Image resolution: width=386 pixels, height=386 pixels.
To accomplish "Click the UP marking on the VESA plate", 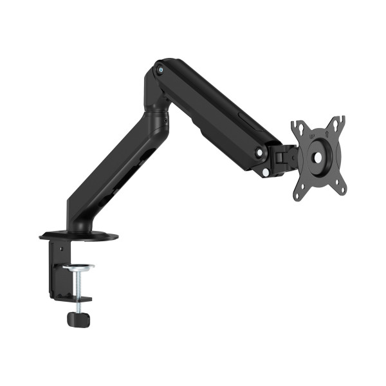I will click(x=312, y=136).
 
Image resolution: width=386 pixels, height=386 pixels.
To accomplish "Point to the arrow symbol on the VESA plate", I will click(x=326, y=134).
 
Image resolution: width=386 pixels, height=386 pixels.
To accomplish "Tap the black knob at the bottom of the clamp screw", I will click(x=78, y=318).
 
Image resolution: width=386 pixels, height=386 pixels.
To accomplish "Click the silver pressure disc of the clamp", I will click(x=78, y=267).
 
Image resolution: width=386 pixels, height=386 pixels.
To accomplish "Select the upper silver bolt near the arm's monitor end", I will click(x=259, y=152).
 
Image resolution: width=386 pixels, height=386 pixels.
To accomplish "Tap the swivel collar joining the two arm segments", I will click(x=154, y=118).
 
